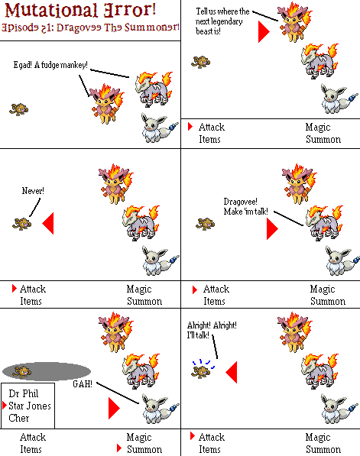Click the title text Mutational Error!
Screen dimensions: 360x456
point(80,10)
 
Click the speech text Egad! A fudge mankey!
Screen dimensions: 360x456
point(50,65)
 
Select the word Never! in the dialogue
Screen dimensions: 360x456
point(33,191)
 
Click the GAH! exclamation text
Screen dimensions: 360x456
point(83,384)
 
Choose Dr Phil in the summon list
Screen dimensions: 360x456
point(23,393)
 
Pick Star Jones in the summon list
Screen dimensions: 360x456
point(29,406)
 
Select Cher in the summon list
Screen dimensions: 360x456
point(19,418)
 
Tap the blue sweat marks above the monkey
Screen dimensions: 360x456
point(203,364)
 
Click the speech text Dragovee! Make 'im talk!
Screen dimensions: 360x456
point(245,206)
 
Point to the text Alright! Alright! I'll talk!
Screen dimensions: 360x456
point(212,330)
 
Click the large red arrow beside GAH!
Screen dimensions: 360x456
point(114,409)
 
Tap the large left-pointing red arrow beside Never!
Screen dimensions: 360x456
point(48,223)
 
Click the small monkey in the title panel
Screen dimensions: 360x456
point(19,109)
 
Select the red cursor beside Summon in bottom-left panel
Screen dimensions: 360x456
point(118,448)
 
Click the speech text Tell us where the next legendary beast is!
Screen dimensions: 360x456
point(222,21)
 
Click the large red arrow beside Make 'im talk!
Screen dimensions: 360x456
point(272,229)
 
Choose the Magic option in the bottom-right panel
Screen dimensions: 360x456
point(318,437)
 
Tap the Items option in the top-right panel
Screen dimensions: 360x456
point(209,139)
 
